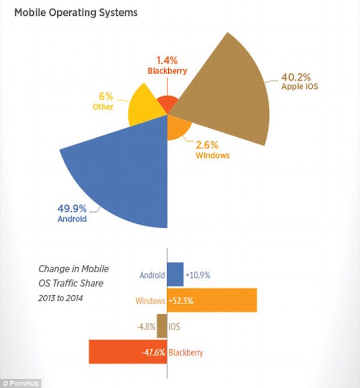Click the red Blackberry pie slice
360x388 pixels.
click(x=166, y=104)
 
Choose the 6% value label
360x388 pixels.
click(x=105, y=97)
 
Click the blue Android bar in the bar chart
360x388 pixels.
click(x=175, y=274)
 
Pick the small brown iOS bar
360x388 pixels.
click(x=162, y=326)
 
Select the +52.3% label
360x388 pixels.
click(x=181, y=301)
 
